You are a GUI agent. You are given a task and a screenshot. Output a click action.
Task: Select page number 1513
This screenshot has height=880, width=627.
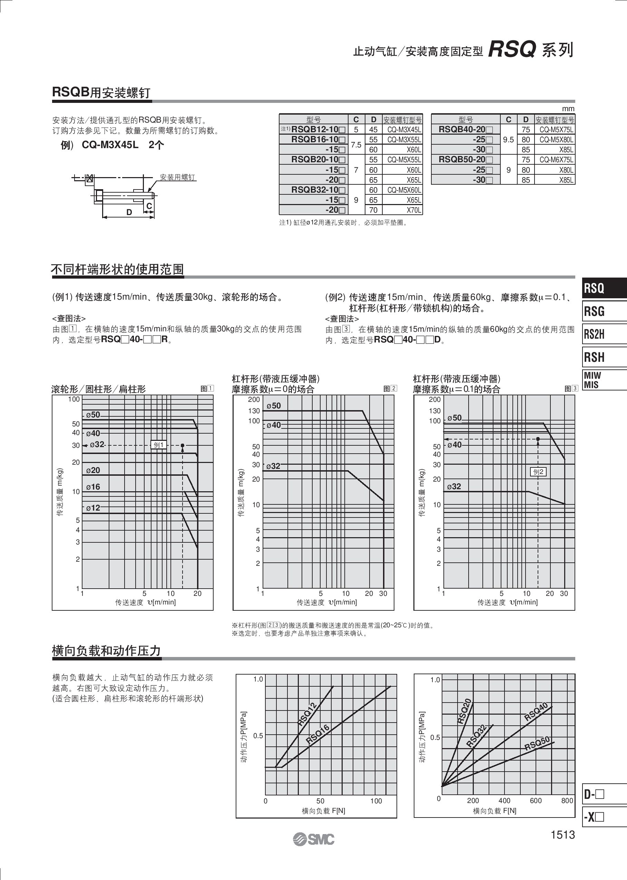click(x=562, y=835)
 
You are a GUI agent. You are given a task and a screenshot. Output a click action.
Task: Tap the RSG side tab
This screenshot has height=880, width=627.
click(x=595, y=311)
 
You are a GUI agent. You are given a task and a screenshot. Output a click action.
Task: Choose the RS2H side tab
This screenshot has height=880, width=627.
click(x=595, y=334)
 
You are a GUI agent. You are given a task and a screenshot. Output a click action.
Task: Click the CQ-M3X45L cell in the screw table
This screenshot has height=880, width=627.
click(x=404, y=130)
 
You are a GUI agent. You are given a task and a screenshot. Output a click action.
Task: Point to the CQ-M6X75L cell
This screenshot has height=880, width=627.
click(x=556, y=160)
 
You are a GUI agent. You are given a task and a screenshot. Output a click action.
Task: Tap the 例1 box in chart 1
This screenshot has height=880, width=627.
click(x=159, y=445)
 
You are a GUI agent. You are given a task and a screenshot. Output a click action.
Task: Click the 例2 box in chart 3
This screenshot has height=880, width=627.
click(x=538, y=472)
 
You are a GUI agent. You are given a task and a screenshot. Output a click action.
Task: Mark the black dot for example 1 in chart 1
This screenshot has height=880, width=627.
click(x=183, y=445)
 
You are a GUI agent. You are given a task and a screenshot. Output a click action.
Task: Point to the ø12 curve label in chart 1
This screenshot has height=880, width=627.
click(x=93, y=508)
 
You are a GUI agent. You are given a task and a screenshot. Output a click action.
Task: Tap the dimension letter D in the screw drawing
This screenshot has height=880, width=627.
click(x=129, y=212)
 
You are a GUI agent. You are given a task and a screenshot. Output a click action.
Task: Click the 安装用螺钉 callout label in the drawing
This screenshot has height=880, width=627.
click(x=178, y=177)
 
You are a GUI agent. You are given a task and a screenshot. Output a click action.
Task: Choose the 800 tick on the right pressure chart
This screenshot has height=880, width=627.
click(x=567, y=801)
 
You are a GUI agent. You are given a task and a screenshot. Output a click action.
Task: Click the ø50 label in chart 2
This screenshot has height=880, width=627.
click(x=274, y=406)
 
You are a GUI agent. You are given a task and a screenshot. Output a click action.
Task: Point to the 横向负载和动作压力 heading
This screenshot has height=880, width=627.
click(x=106, y=651)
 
